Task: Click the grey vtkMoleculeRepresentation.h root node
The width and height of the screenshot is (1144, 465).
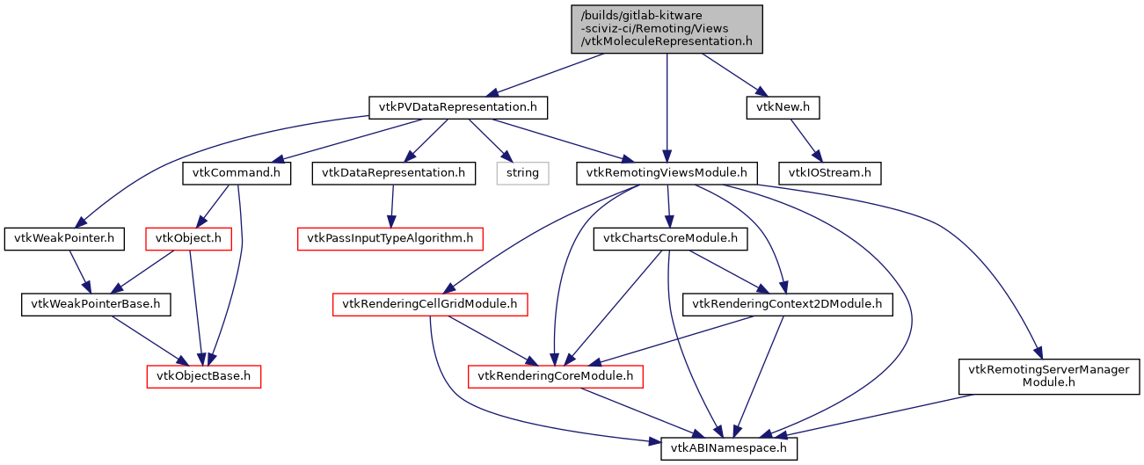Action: (x=667, y=28)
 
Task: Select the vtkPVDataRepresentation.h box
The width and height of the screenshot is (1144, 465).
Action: (x=457, y=107)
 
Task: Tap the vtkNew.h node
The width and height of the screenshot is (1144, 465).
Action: (x=783, y=107)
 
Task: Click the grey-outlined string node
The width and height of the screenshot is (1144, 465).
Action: (x=522, y=173)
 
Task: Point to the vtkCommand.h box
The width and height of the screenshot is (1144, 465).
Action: (x=237, y=173)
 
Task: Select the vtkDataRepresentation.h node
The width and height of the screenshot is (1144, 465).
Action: (x=393, y=173)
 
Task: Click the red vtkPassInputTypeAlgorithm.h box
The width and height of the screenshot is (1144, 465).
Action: (x=391, y=237)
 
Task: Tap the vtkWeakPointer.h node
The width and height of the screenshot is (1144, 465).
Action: (x=64, y=237)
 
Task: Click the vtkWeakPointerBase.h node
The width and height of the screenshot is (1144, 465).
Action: (x=96, y=305)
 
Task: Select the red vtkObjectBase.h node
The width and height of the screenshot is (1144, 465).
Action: (x=204, y=376)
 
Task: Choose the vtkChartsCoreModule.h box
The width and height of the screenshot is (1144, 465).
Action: (x=670, y=237)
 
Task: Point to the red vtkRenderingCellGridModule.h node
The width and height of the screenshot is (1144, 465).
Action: (x=429, y=305)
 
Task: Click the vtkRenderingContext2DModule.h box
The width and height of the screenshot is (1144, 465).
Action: (x=788, y=305)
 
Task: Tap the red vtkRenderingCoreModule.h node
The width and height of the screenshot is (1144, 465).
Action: (x=555, y=376)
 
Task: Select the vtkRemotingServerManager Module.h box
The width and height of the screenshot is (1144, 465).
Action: (x=1048, y=376)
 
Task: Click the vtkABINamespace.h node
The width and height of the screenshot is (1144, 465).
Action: (x=729, y=448)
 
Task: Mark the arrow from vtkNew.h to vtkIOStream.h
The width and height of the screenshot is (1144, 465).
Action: (x=805, y=140)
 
